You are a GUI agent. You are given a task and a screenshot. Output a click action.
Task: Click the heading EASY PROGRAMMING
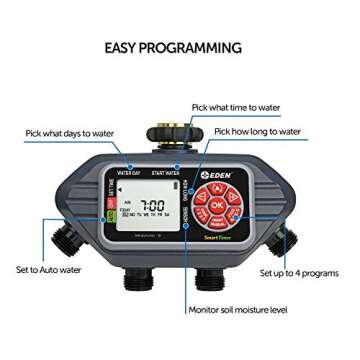[x=173, y=47]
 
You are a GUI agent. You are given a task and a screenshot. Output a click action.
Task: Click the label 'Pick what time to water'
[x=236, y=107]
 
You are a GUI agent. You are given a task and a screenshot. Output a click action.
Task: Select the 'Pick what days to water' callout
[x=70, y=132]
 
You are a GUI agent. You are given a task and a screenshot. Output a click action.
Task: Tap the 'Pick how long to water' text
[x=257, y=131]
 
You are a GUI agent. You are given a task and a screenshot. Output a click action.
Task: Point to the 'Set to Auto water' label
[x=48, y=269]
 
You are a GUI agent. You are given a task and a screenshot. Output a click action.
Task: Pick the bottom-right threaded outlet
[x=209, y=275]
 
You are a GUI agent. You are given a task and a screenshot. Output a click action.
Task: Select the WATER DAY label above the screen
[x=128, y=172]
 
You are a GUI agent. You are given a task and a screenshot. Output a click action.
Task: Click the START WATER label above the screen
[x=165, y=172]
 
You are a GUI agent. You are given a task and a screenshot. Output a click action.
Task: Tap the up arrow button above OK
[x=217, y=189]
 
